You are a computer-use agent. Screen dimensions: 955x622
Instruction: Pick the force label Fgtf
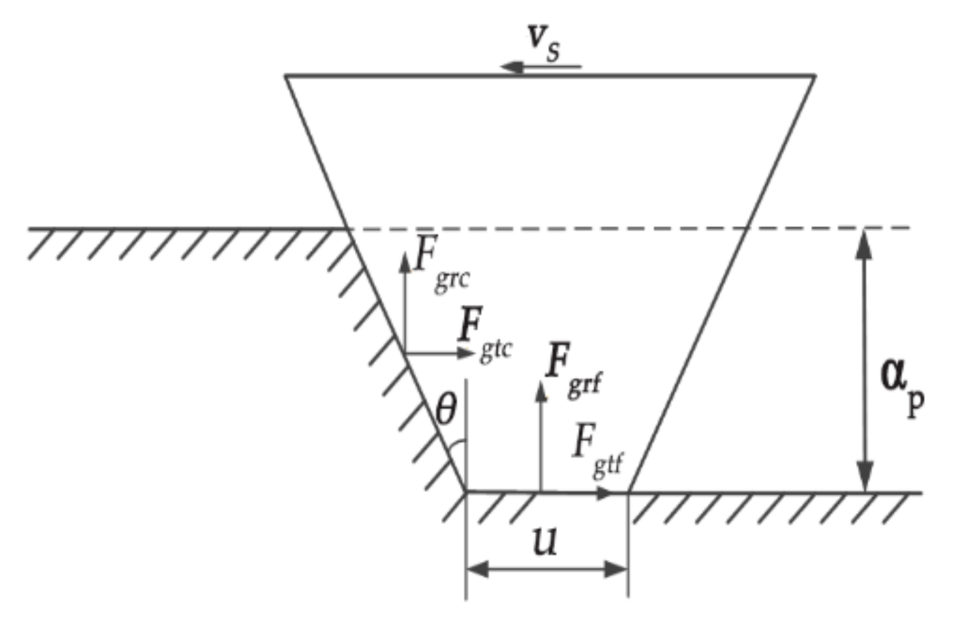tap(597, 451)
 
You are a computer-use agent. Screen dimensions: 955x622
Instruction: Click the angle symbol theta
tap(445, 411)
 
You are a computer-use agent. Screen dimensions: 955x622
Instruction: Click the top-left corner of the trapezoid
tap(285, 76)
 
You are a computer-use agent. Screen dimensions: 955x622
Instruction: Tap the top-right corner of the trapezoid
tap(815, 76)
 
